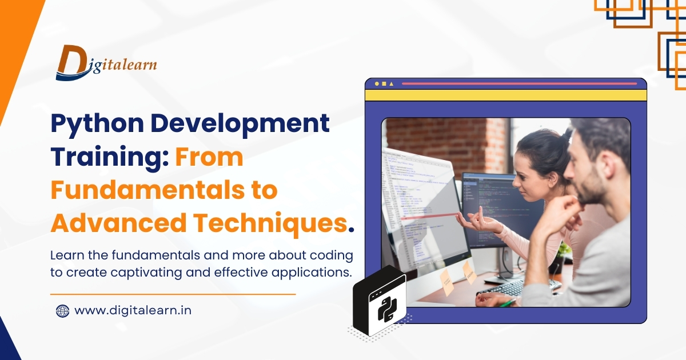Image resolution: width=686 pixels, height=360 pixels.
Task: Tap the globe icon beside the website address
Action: point(62,311)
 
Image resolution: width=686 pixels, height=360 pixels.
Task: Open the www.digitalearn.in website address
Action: point(133,311)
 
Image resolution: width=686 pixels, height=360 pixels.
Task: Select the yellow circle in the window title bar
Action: point(377,84)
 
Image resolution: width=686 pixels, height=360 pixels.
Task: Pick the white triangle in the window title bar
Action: point(391,84)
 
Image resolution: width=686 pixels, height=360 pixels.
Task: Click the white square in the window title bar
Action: point(384,84)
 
